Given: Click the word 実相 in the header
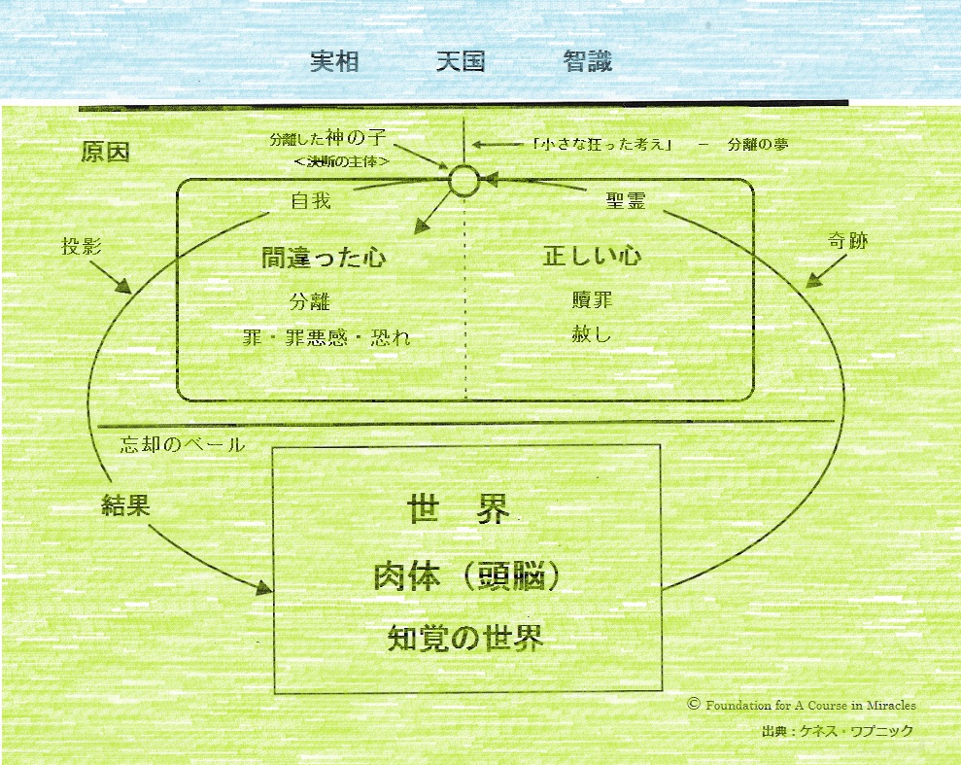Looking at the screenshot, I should pos(334,62).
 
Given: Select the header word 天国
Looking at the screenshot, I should pos(461,62).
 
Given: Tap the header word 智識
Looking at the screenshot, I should pos(587,62).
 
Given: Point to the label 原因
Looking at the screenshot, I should pos(105,154).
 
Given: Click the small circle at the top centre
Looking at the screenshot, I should pos(464,180).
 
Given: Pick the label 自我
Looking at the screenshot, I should pos(311,201).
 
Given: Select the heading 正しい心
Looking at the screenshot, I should pos(592,257).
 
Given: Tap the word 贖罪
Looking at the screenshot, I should pos(592,299).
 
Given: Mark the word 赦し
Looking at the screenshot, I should pos(592,335).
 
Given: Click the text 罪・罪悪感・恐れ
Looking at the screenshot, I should pos(326,337).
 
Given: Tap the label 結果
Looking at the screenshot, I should pos(126,504).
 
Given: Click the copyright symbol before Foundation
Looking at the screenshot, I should pos(694,704).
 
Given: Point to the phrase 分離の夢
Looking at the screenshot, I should pos(757,145).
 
